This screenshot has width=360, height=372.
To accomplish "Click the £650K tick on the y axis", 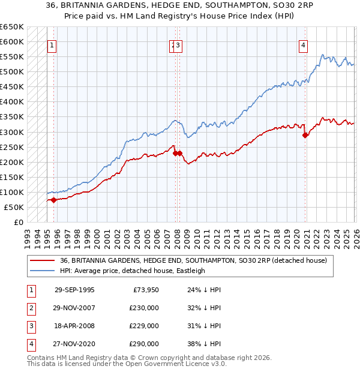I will [12, 27].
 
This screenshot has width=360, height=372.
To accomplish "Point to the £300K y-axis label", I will [12, 132].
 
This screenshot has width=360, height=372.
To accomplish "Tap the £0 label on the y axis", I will [18, 223].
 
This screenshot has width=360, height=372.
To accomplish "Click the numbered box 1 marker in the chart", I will [52, 44].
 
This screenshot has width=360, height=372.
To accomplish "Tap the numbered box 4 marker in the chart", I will [304, 44].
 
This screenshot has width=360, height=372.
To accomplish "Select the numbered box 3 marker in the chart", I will [179, 44].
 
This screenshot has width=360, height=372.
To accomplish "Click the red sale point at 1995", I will [54, 200].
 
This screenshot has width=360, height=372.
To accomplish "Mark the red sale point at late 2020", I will [305, 135].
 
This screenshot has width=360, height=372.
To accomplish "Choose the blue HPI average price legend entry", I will [133, 271].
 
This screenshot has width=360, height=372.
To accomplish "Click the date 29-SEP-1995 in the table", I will [74, 290].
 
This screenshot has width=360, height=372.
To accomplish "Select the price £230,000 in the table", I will [144, 308].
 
